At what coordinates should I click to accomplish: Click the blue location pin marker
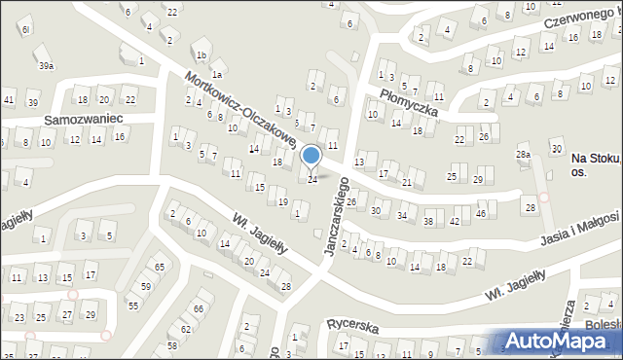pyautogui.click(x=311, y=156)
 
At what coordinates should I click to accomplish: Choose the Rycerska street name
pyautogui.click(x=353, y=329)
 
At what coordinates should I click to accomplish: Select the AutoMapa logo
pyautogui.click(x=562, y=341)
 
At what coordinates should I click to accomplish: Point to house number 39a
pyautogui.click(x=46, y=65)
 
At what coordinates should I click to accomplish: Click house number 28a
pyautogui.click(x=523, y=155)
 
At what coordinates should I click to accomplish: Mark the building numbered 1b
pyautogui.click(x=201, y=55)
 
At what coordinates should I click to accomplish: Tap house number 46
pyautogui.click(x=481, y=213)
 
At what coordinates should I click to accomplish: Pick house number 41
pyautogui.click(x=9, y=100)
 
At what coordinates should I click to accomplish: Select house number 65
pyautogui.click(x=160, y=267)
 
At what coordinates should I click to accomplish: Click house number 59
pyautogui.click(x=145, y=286)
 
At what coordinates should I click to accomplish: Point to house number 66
pyautogui.click(x=198, y=308)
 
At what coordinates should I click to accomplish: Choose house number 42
pyautogui.click(x=455, y=222)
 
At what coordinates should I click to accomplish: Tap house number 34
pyautogui.click(x=402, y=215)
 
